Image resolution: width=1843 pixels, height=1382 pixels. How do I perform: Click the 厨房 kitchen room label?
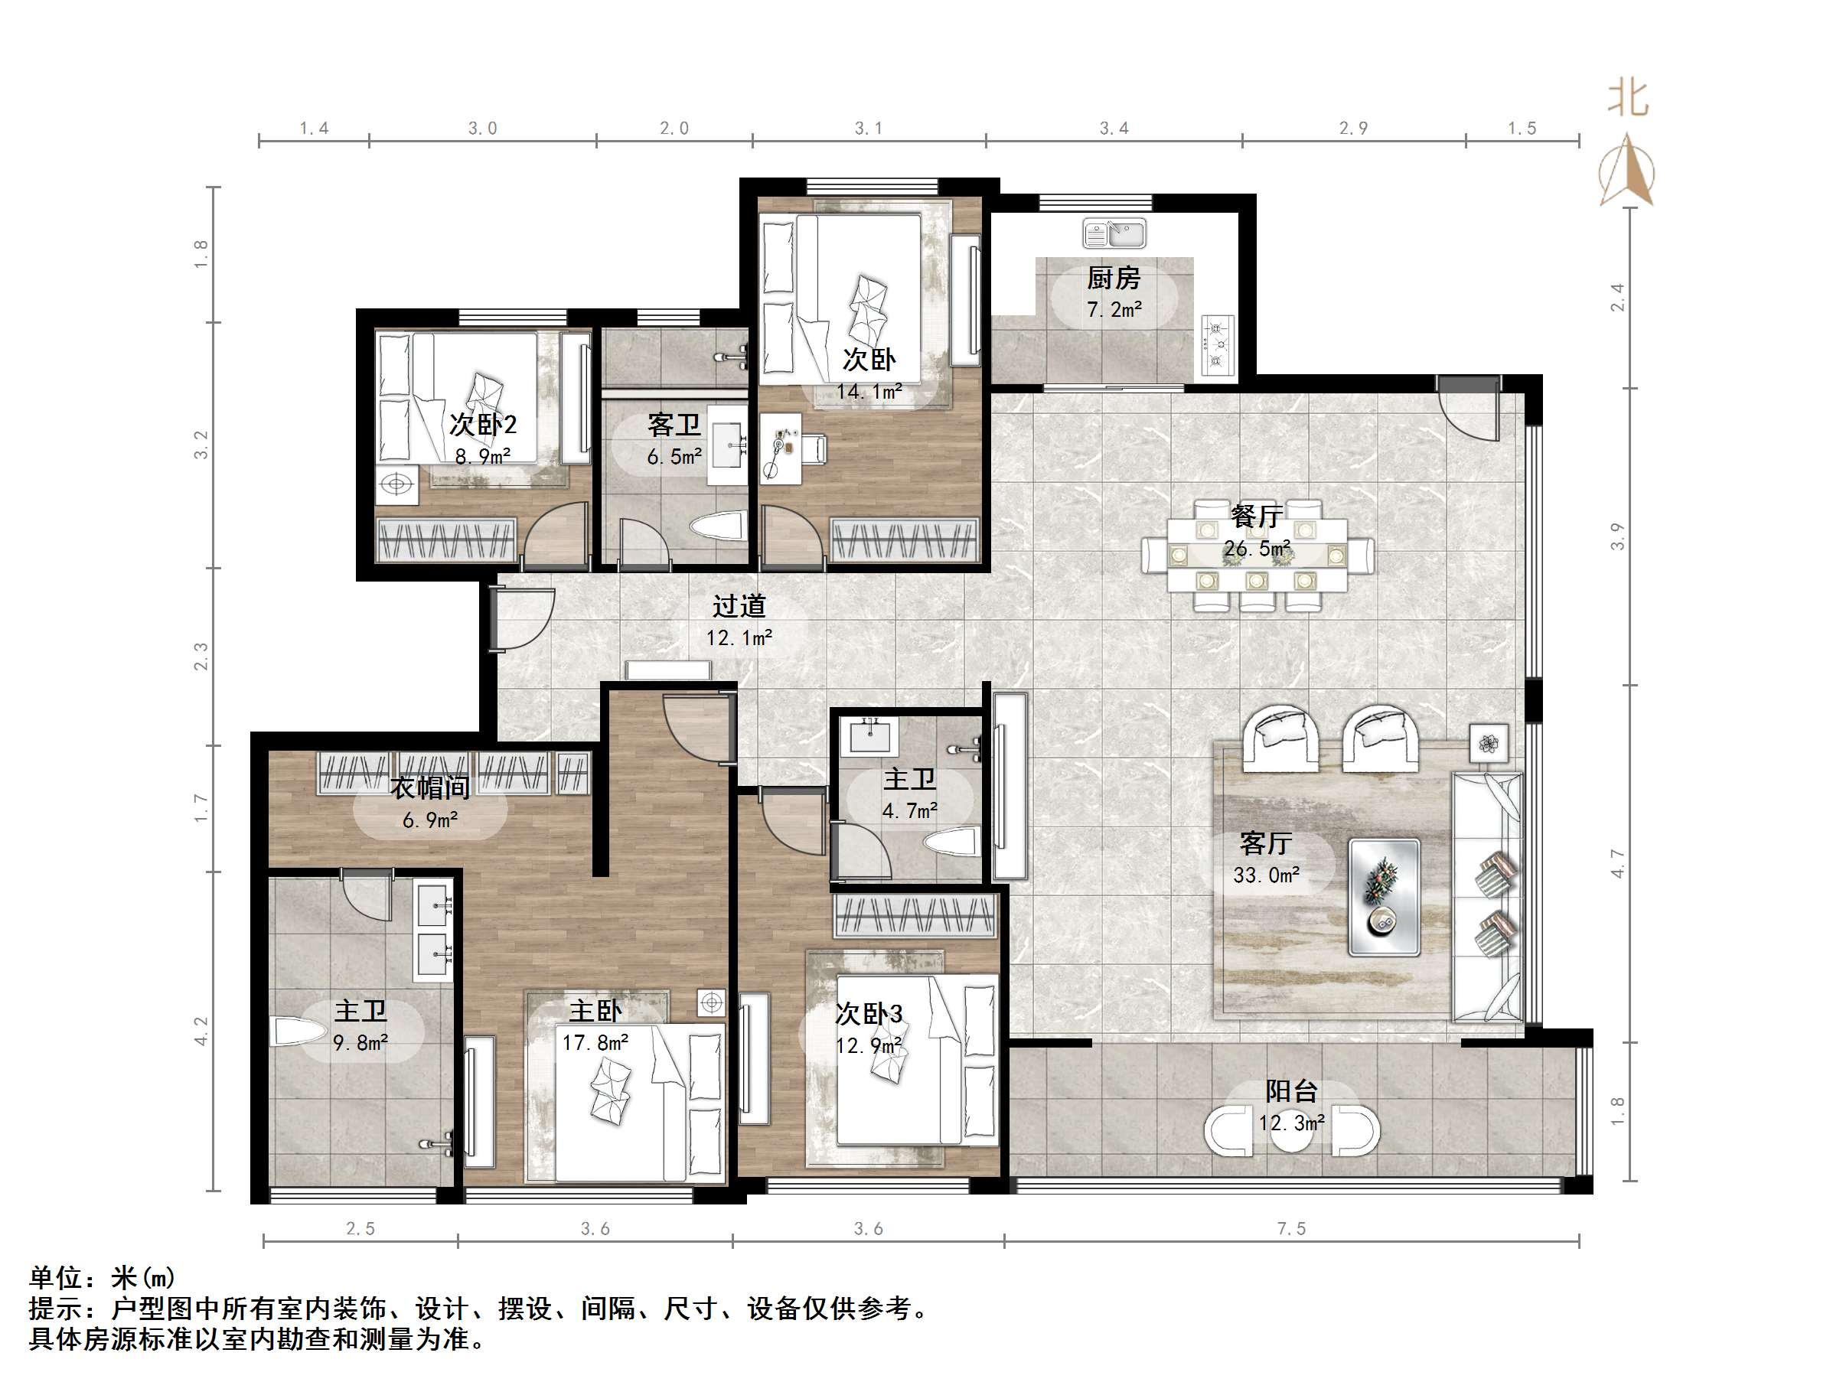click(1113, 278)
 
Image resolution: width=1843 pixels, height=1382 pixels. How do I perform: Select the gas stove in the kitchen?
click(1217, 344)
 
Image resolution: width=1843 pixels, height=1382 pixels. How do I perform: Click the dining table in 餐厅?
click(1257, 556)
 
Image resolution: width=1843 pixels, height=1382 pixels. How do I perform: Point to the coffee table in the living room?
click(1385, 896)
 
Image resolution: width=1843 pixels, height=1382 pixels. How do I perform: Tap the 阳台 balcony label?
click(1291, 1091)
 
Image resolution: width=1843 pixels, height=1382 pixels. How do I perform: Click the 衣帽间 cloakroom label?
click(430, 787)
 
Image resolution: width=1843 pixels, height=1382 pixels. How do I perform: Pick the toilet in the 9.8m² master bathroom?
click(298, 1032)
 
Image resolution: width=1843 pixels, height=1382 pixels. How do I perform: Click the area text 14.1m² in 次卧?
click(869, 392)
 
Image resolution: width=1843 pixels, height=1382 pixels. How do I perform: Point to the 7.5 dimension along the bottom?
click(1291, 1229)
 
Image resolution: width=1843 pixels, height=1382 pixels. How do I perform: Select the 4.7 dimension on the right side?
click(1617, 864)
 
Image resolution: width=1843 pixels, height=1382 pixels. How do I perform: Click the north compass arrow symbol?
click(1627, 171)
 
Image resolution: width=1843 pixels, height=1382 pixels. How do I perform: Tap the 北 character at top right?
click(1628, 98)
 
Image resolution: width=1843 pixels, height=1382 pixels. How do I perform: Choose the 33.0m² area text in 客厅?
click(1267, 875)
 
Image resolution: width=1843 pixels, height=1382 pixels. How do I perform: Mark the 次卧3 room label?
click(869, 1014)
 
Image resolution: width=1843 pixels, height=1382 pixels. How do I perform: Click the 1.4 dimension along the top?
click(314, 129)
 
